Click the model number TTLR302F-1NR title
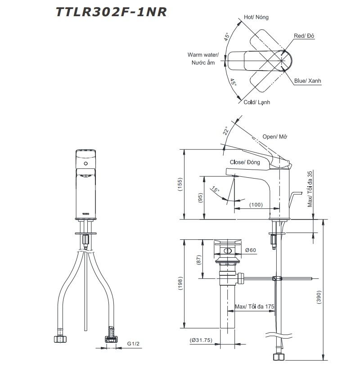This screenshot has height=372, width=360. (111, 12)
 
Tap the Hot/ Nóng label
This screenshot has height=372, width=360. (256, 17)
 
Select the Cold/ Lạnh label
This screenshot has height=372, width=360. (257, 102)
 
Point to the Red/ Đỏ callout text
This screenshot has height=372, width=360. (304, 36)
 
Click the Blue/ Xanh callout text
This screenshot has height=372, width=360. (307, 81)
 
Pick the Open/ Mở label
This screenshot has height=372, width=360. (275, 137)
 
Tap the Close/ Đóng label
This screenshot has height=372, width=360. (245, 162)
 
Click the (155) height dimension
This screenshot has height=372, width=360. (180, 184)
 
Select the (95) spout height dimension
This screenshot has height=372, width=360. (201, 198)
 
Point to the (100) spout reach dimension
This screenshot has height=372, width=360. (256, 205)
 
